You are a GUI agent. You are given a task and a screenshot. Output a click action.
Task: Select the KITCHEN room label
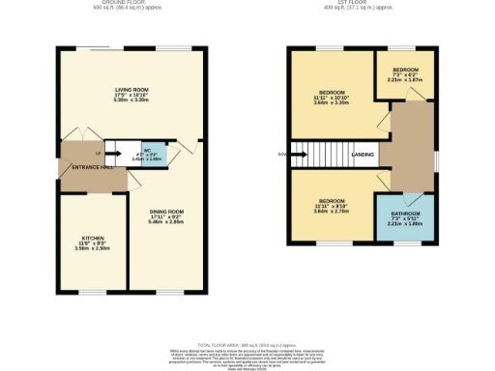tap(92, 237)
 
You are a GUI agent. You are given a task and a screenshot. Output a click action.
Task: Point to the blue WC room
tap(155, 153)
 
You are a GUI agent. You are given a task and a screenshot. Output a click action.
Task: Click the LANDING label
tap(364, 155)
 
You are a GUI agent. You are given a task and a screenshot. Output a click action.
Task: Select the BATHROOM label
tap(405, 213)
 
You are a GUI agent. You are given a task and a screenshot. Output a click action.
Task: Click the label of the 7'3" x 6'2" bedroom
tap(406, 71)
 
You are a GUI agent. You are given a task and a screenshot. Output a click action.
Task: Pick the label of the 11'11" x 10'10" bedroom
tap(333, 92)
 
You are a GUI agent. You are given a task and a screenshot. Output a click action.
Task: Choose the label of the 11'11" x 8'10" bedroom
tap(331, 200)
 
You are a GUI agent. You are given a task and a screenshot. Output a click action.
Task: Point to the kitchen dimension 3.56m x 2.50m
tap(93, 248)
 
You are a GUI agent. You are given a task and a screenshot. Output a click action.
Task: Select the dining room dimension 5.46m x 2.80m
tap(166, 222)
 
